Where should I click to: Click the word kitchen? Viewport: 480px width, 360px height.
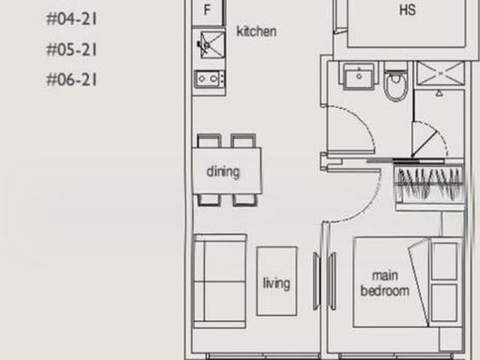(256, 31)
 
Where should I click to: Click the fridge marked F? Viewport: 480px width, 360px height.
(208, 11)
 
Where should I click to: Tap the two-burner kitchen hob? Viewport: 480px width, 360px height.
(208, 78)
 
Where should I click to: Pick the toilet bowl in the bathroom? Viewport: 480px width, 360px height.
(395, 85)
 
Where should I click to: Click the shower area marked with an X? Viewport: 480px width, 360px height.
(436, 73)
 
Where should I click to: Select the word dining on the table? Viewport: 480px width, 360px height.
(223, 172)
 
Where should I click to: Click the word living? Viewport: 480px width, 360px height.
(276, 283)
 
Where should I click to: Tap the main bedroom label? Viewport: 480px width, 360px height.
(385, 283)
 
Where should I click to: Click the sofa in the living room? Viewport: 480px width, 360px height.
(219, 280)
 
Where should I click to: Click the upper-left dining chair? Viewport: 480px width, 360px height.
(209, 141)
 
